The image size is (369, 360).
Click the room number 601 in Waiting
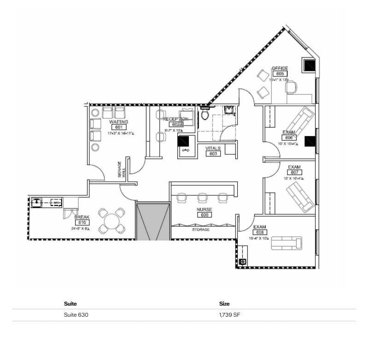(118, 127)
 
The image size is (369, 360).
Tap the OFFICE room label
(279, 68)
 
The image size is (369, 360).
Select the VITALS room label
(213, 148)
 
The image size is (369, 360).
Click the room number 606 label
(289, 137)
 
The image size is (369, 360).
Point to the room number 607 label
(294, 172)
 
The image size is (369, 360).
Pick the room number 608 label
(260, 233)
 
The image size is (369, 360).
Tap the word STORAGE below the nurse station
(200, 229)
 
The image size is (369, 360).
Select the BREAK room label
(82, 217)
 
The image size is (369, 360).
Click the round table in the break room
(112, 221)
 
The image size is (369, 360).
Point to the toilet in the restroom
(205, 114)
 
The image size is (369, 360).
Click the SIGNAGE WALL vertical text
(120, 169)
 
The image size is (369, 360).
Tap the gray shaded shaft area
(153, 221)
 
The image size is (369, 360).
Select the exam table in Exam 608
(286, 242)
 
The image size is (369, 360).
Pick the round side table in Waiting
(95, 148)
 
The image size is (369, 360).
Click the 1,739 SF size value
(229, 315)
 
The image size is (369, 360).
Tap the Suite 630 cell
(76, 315)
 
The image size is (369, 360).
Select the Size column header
(224, 304)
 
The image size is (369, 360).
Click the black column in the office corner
(308, 65)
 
